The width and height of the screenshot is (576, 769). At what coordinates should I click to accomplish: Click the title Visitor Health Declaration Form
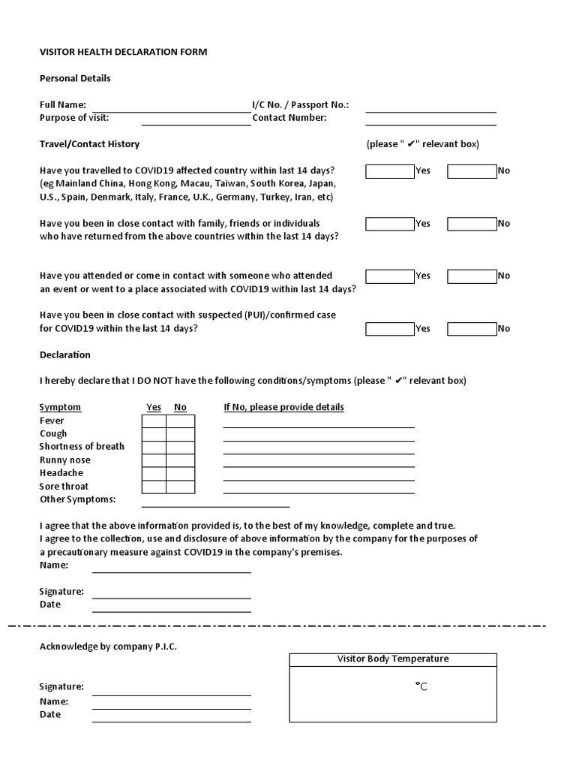tap(123, 52)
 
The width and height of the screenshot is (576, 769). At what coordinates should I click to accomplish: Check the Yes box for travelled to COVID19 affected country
tap(389, 171)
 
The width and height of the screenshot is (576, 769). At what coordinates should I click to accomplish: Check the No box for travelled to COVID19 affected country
tap(472, 171)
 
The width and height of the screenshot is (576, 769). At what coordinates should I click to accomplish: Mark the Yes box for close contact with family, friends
tap(389, 224)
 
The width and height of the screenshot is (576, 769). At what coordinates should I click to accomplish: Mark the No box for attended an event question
tap(472, 276)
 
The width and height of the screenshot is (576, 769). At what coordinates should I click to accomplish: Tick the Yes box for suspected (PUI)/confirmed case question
tap(389, 329)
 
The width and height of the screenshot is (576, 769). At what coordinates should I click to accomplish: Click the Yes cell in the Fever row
tap(154, 421)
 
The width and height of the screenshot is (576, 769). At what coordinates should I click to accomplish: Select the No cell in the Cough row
tap(180, 434)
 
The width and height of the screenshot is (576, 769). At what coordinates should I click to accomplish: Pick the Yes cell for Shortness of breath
tap(154, 448)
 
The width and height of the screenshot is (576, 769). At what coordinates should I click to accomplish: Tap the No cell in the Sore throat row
tap(180, 487)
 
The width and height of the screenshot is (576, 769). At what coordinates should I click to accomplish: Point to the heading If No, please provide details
tap(284, 408)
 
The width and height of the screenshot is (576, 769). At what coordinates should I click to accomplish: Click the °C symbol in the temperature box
tap(421, 686)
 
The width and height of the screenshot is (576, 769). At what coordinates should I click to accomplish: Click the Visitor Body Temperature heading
tap(393, 659)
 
